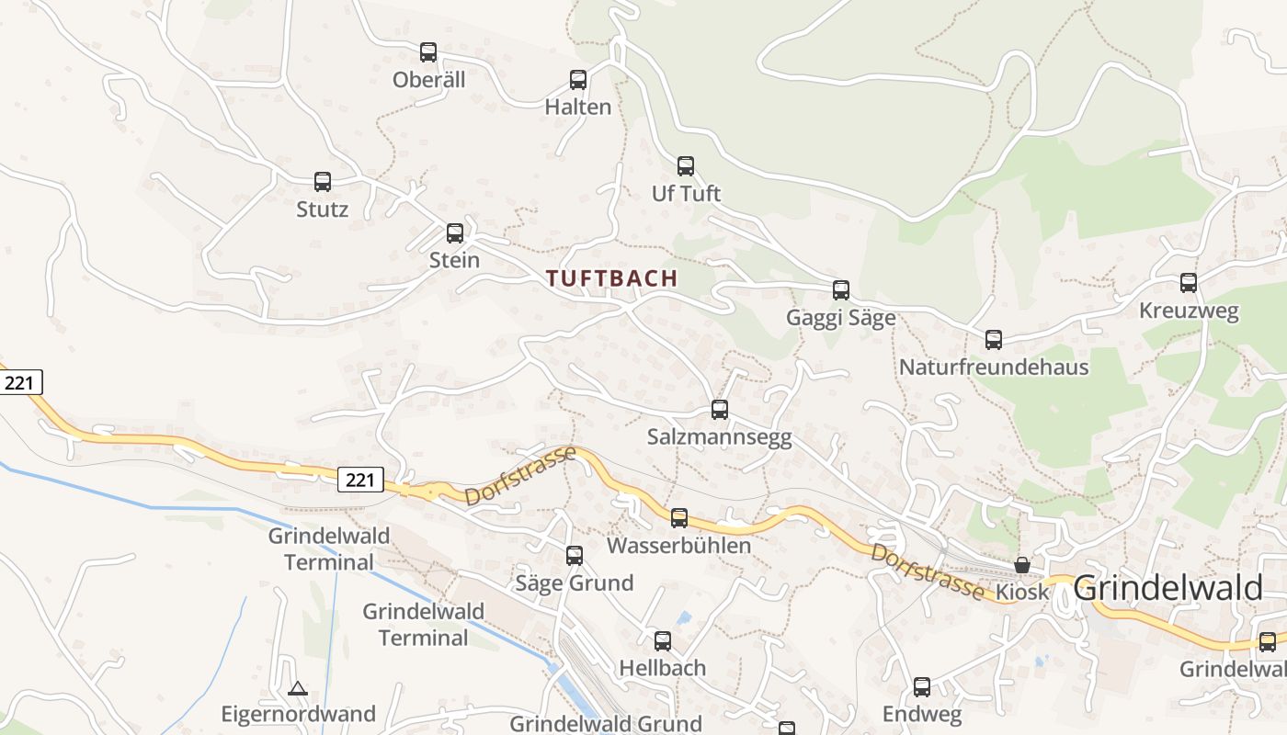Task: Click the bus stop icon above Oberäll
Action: tap(428, 52)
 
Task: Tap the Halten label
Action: tap(577, 107)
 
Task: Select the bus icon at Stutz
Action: tap(322, 182)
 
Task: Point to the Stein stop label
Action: tap(454, 260)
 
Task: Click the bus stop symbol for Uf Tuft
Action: tap(686, 166)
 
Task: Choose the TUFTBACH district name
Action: tap(612, 278)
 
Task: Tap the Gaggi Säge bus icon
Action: tap(840, 290)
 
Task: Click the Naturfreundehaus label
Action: tap(993, 367)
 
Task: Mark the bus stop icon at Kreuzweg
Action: tap(1189, 283)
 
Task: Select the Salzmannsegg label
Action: tap(719, 437)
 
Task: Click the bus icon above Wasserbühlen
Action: tap(678, 518)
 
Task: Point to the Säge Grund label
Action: tap(574, 582)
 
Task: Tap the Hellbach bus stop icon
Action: tap(662, 641)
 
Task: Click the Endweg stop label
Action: tap(921, 714)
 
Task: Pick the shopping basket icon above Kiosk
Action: tap(1022, 565)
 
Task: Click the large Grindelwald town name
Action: tap(1167, 588)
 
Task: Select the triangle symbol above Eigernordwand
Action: tap(297, 688)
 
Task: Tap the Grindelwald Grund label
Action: tap(606, 724)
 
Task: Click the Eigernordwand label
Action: tap(298, 714)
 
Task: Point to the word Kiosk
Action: tap(1022, 593)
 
